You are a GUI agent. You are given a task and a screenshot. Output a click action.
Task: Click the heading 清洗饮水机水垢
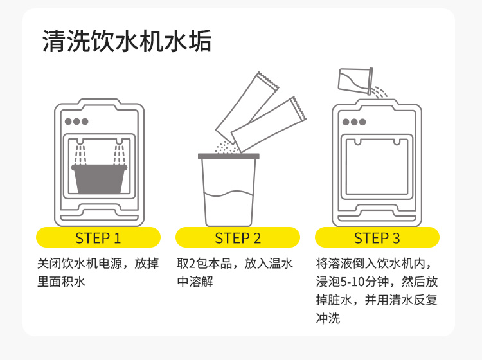coord(127,42)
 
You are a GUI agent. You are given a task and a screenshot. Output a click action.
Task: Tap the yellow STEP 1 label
coord(98,238)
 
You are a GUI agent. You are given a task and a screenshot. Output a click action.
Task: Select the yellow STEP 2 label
coord(238,238)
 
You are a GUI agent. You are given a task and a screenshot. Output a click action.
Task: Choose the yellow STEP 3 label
coord(377,238)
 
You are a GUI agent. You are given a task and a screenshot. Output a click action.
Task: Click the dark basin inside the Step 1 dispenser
coord(98,179)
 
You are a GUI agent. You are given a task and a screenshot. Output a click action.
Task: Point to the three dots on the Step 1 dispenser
coord(76,121)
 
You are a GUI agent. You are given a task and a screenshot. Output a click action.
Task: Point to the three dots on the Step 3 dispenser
coord(353,122)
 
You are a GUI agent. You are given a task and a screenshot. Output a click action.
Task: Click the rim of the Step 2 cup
coord(229,156)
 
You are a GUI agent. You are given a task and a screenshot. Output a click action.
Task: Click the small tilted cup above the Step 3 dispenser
coord(355,80)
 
